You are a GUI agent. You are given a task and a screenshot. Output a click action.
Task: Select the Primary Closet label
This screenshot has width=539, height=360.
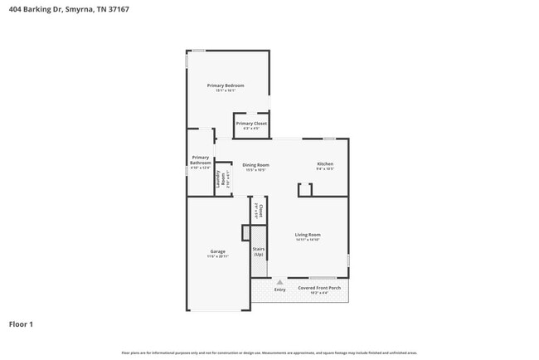pyautogui.click(x=251, y=124)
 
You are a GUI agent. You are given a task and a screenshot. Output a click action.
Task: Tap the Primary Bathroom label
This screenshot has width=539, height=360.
pyautogui.click(x=201, y=160)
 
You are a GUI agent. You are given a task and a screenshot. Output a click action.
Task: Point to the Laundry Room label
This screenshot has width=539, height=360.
pyautogui.click(x=223, y=180)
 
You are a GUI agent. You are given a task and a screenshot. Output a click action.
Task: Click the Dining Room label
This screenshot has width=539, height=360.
pyautogui.click(x=255, y=165)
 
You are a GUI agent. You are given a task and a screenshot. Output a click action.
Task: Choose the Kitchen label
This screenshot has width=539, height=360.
pyautogui.click(x=325, y=164)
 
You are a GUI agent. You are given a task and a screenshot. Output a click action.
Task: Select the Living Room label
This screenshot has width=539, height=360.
pyautogui.click(x=308, y=235)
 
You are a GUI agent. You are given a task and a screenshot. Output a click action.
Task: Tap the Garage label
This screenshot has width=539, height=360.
pyautogui.click(x=218, y=251)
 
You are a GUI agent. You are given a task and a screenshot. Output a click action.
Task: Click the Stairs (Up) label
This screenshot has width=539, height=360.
pyautogui.click(x=258, y=251)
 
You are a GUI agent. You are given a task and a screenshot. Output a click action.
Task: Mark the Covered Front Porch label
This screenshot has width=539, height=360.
pyautogui.click(x=319, y=288)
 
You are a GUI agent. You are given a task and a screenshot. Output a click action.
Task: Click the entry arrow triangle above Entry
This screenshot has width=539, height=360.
pyautogui.click(x=279, y=282)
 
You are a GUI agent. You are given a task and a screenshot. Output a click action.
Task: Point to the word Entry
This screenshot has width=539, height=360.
pyautogui.click(x=279, y=289)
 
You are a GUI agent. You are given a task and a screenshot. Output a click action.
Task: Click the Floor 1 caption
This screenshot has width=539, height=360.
pyautogui.click(x=21, y=324)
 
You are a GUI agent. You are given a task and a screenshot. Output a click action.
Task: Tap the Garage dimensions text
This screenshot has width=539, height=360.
pyautogui.click(x=218, y=256)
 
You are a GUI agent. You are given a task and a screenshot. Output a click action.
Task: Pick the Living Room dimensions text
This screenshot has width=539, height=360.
pyautogui.click(x=308, y=240)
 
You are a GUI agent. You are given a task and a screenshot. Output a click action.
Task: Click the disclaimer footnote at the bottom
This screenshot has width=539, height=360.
pyautogui.click(x=269, y=353)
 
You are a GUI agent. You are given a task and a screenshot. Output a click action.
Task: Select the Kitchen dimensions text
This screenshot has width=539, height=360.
pyautogui.click(x=325, y=169)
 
